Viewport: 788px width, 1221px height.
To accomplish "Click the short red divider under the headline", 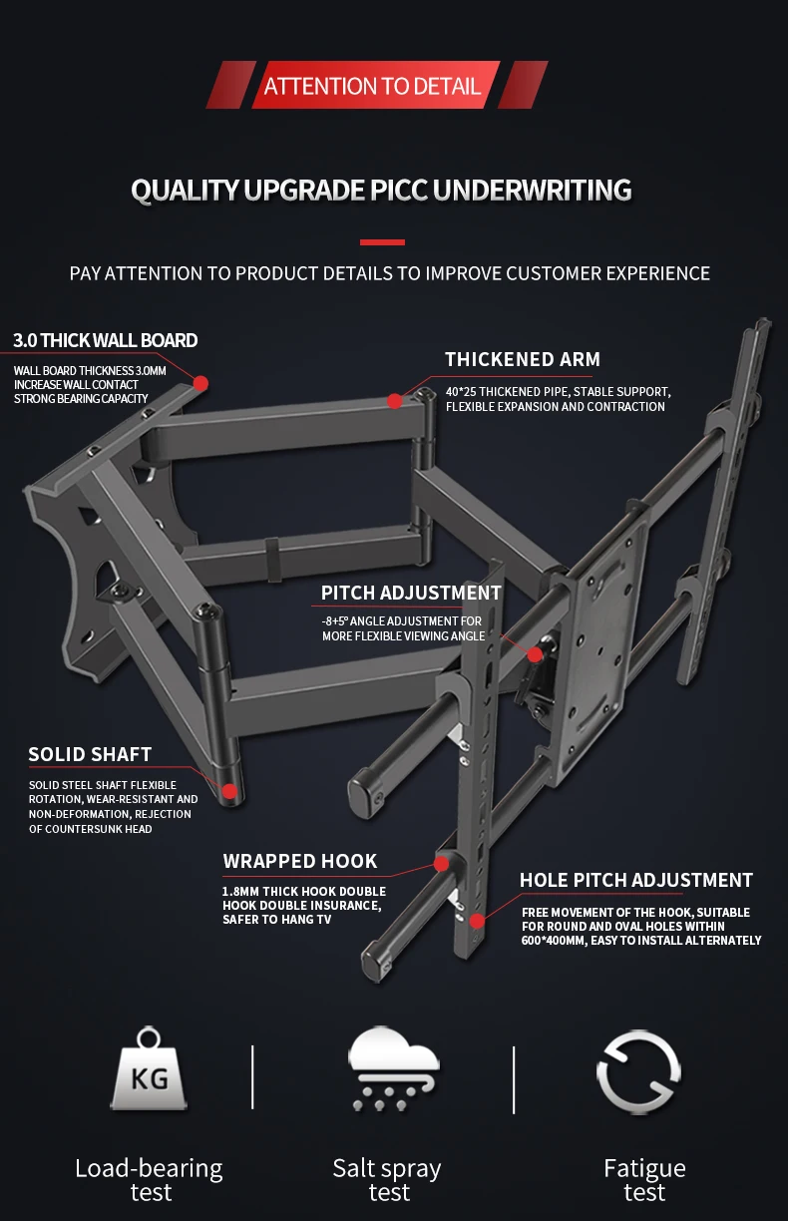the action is tap(382, 241).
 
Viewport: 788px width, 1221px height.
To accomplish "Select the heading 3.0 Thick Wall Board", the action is tap(106, 340).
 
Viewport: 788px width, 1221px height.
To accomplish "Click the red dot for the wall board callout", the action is tap(200, 383).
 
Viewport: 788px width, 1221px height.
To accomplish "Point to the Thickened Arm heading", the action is tap(523, 359).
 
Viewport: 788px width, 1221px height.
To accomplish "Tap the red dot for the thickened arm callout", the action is tap(394, 401).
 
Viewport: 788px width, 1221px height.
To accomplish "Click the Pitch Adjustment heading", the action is tap(411, 593).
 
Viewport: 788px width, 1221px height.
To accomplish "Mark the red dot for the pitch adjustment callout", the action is tap(535, 655).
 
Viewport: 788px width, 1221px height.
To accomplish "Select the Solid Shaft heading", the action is tap(91, 754).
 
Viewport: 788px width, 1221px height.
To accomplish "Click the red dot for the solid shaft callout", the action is tap(229, 792).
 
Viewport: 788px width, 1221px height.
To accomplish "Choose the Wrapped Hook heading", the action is tap(300, 861).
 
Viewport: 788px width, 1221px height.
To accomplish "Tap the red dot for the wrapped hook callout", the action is tap(440, 864).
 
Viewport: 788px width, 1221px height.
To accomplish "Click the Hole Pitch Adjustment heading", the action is tap(636, 880).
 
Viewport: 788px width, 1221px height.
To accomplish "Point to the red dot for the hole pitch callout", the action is tap(478, 920).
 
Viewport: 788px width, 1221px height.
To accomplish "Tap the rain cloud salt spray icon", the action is tap(391, 1069).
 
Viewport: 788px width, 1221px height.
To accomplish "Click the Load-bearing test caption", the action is tap(150, 1180).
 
